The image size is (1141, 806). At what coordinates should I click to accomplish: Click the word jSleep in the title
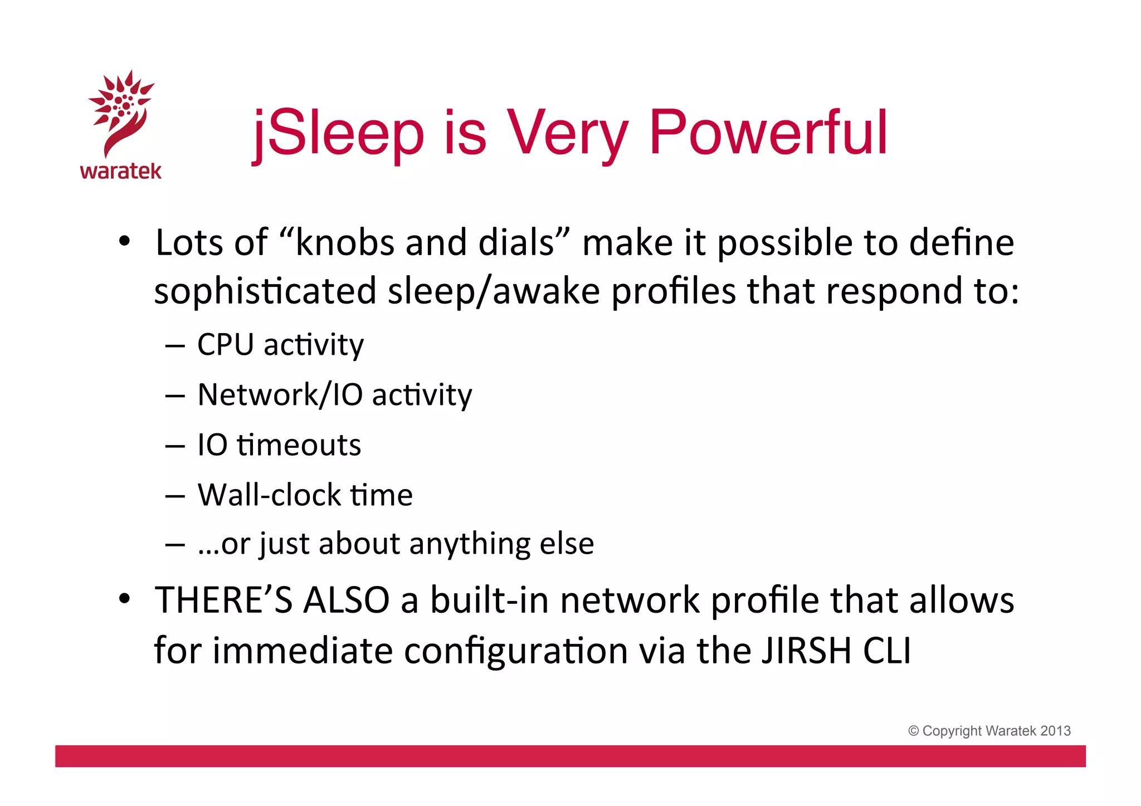(x=339, y=134)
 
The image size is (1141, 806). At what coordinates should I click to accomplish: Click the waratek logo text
(x=121, y=171)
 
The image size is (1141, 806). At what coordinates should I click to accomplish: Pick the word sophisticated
(x=266, y=292)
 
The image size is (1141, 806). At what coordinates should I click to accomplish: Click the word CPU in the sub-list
(x=225, y=345)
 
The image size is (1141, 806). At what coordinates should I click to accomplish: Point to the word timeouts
(x=299, y=445)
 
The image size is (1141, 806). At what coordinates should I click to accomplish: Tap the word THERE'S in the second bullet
(x=224, y=600)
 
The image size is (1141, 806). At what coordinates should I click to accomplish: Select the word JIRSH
(x=806, y=651)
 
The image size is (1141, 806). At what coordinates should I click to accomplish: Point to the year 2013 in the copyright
(x=1055, y=731)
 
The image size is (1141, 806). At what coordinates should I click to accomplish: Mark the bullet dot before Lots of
(x=125, y=242)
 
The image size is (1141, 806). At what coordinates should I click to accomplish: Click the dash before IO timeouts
(x=175, y=446)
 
